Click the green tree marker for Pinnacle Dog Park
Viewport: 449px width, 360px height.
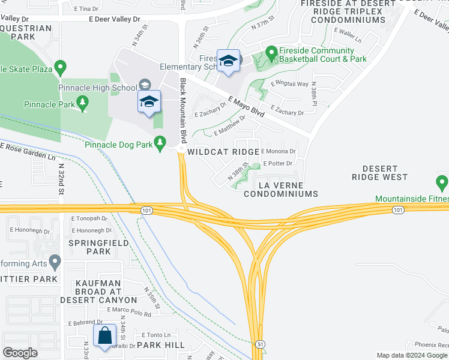point(160,143)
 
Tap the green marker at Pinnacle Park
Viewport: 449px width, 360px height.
point(83,104)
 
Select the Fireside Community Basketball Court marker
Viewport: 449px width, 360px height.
point(271,54)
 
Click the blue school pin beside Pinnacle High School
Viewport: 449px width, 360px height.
point(149,101)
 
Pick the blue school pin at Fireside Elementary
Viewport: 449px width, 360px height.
point(228,61)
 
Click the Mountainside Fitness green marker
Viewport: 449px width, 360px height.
point(442,182)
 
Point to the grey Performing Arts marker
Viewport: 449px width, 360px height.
point(55,262)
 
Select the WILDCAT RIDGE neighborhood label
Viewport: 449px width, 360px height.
point(223,152)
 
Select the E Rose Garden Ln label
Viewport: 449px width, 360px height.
point(32,152)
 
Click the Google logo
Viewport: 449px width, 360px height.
point(20,353)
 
